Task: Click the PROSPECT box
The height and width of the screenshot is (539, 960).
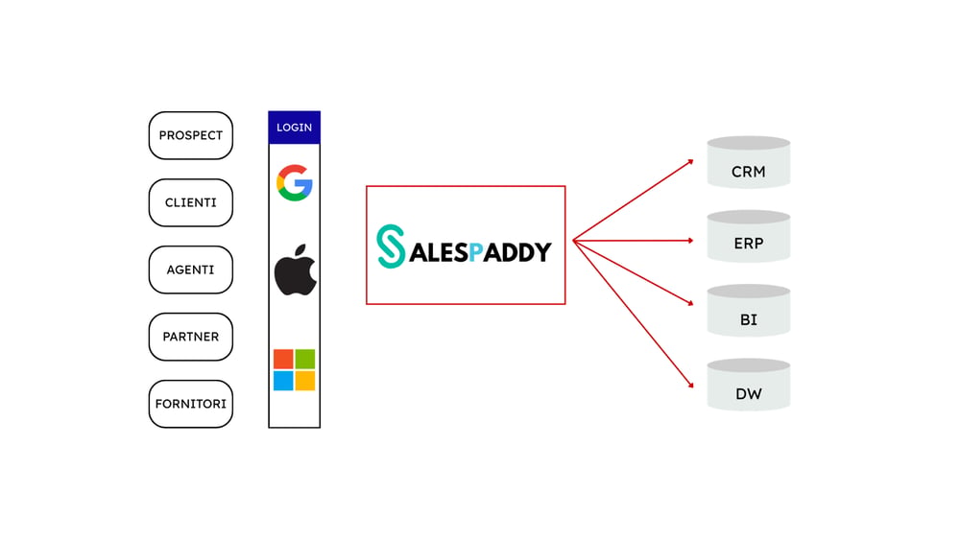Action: click(190, 135)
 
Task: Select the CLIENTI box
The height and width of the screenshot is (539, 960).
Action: click(190, 202)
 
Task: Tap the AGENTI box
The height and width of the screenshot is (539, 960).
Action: click(190, 269)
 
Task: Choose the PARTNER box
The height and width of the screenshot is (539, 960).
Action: click(190, 337)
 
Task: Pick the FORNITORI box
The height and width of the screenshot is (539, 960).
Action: click(190, 404)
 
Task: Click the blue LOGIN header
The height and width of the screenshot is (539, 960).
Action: click(294, 128)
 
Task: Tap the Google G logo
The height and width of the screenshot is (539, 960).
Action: click(295, 183)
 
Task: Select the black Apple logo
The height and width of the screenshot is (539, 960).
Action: click(295, 269)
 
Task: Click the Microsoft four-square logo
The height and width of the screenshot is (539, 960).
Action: click(294, 369)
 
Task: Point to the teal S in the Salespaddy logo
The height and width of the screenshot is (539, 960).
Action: click(390, 246)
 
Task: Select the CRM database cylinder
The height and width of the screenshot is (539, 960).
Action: click(748, 162)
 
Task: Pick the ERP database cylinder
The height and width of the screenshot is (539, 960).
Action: click(748, 236)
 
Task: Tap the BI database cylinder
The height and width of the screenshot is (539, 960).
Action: click(748, 310)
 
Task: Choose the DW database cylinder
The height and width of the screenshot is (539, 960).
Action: click(748, 385)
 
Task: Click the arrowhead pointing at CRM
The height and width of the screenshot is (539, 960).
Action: click(690, 161)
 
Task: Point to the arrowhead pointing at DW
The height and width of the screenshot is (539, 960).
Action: click(691, 385)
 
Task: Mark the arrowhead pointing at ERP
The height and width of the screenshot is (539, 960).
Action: click(690, 241)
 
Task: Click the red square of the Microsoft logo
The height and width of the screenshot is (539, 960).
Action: click(283, 359)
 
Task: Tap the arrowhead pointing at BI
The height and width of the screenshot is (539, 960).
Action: click(690, 303)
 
